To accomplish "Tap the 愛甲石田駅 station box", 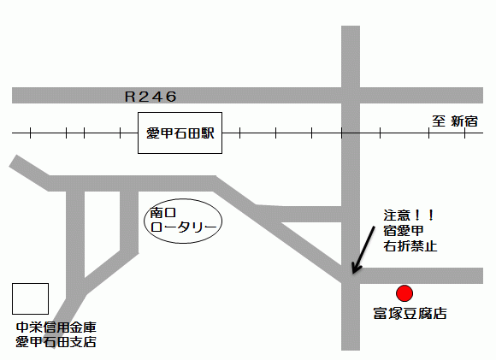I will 180,133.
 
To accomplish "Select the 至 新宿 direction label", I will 455,121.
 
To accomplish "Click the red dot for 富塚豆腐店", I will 405,293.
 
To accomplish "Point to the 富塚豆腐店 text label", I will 410,314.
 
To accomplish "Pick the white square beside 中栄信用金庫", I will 30,298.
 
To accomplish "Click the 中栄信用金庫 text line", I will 56,327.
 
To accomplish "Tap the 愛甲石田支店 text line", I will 56,342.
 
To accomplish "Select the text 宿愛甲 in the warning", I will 404,230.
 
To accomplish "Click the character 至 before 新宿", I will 438,121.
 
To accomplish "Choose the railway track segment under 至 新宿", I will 453,133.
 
